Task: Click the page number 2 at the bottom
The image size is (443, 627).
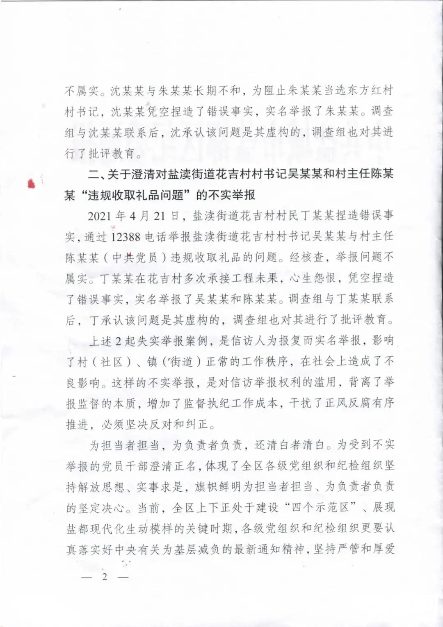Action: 105,577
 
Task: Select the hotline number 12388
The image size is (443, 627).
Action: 126,237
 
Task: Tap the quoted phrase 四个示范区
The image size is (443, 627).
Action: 320,507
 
